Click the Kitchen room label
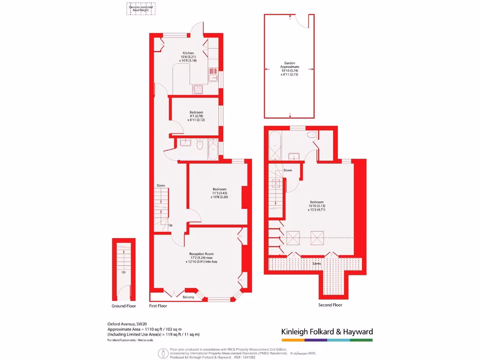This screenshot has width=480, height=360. coord(188,53)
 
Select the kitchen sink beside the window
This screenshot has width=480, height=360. coord(213,75)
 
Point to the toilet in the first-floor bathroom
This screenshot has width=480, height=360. coord(200,145)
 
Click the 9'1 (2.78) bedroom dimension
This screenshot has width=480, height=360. coord(196,116)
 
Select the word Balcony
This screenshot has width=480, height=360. coord(188,297)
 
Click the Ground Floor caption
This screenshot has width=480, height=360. coord(124,306)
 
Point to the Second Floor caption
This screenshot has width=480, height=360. coord(330,305)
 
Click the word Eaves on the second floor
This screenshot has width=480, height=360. coord(317,264)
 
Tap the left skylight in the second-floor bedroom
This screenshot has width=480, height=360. coord(293,238)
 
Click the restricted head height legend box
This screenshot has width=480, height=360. coord(141,9)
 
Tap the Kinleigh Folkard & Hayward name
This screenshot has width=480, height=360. coord(327,332)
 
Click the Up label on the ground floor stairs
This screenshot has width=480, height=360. coord(124,272)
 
